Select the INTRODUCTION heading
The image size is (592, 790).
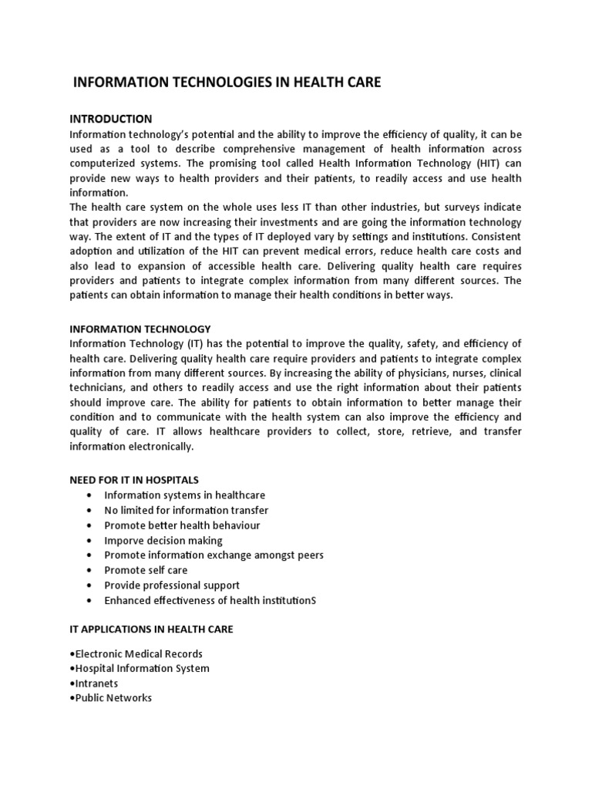tap(111, 119)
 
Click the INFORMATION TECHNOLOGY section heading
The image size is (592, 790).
tap(140, 329)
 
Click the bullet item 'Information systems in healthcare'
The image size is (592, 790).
tap(184, 495)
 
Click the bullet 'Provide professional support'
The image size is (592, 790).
tap(172, 586)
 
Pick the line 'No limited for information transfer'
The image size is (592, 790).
tap(187, 510)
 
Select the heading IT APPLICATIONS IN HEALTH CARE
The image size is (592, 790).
tap(151, 630)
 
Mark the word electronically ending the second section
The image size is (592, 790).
tap(160, 447)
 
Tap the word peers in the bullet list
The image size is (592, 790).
tap(309, 555)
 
